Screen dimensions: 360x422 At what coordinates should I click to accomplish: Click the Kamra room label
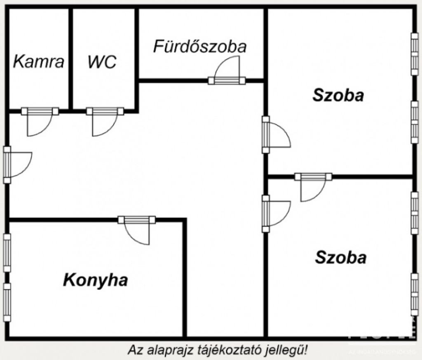point(39,61)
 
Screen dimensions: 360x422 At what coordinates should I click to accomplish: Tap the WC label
point(102,62)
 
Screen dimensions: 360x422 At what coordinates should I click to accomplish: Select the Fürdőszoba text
point(200,46)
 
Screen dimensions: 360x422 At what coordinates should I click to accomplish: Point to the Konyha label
point(95,280)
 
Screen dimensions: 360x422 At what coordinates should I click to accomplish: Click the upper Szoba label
point(338,95)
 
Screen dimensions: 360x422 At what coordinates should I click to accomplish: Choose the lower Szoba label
point(341,257)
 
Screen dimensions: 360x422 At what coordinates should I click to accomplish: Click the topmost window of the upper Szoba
point(414,54)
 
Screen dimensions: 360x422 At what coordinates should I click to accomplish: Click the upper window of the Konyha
point(7,252)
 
